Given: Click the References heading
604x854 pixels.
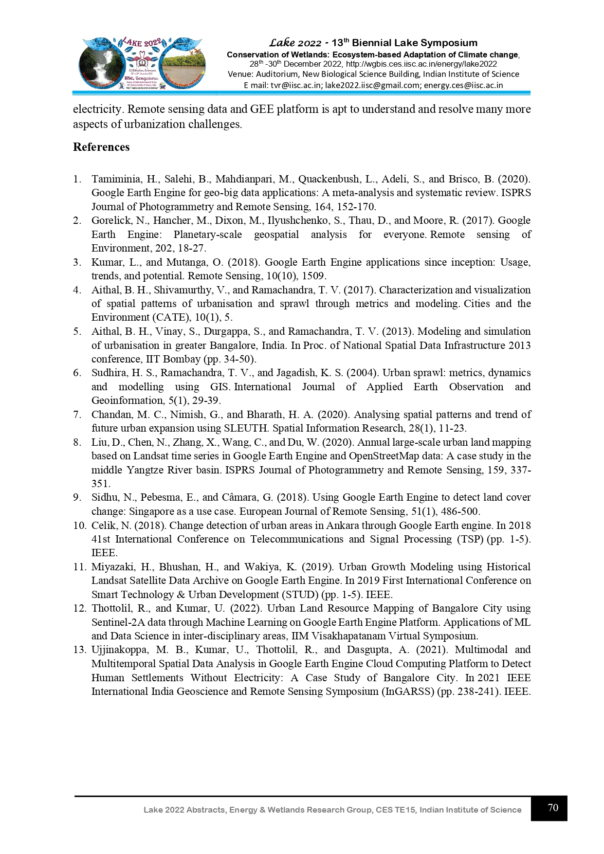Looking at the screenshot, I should tap(101, 147).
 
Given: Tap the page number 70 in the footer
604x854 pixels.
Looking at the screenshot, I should tap(553, 808).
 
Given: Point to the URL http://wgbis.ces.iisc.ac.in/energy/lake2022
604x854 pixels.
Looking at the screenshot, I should tap(421, 64).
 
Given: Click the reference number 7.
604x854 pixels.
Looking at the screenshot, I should tap(77, 415).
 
